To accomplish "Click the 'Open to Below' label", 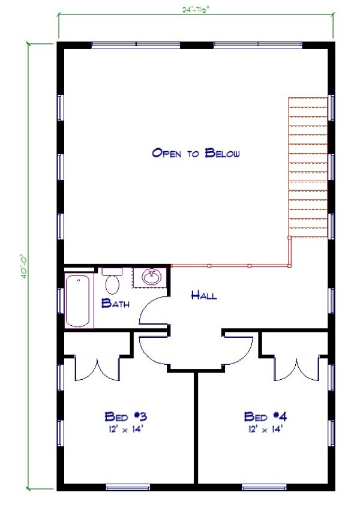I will pyautogui.click(x=196, y=153).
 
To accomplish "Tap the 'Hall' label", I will pyautogui.click(x=204, y=295).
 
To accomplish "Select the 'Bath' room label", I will pyautogui.click(x=115, y=304).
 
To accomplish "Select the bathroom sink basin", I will pyautogui.click(x=151, y=277).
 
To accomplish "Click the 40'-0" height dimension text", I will pyautogui.click(x=22, y=265).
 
